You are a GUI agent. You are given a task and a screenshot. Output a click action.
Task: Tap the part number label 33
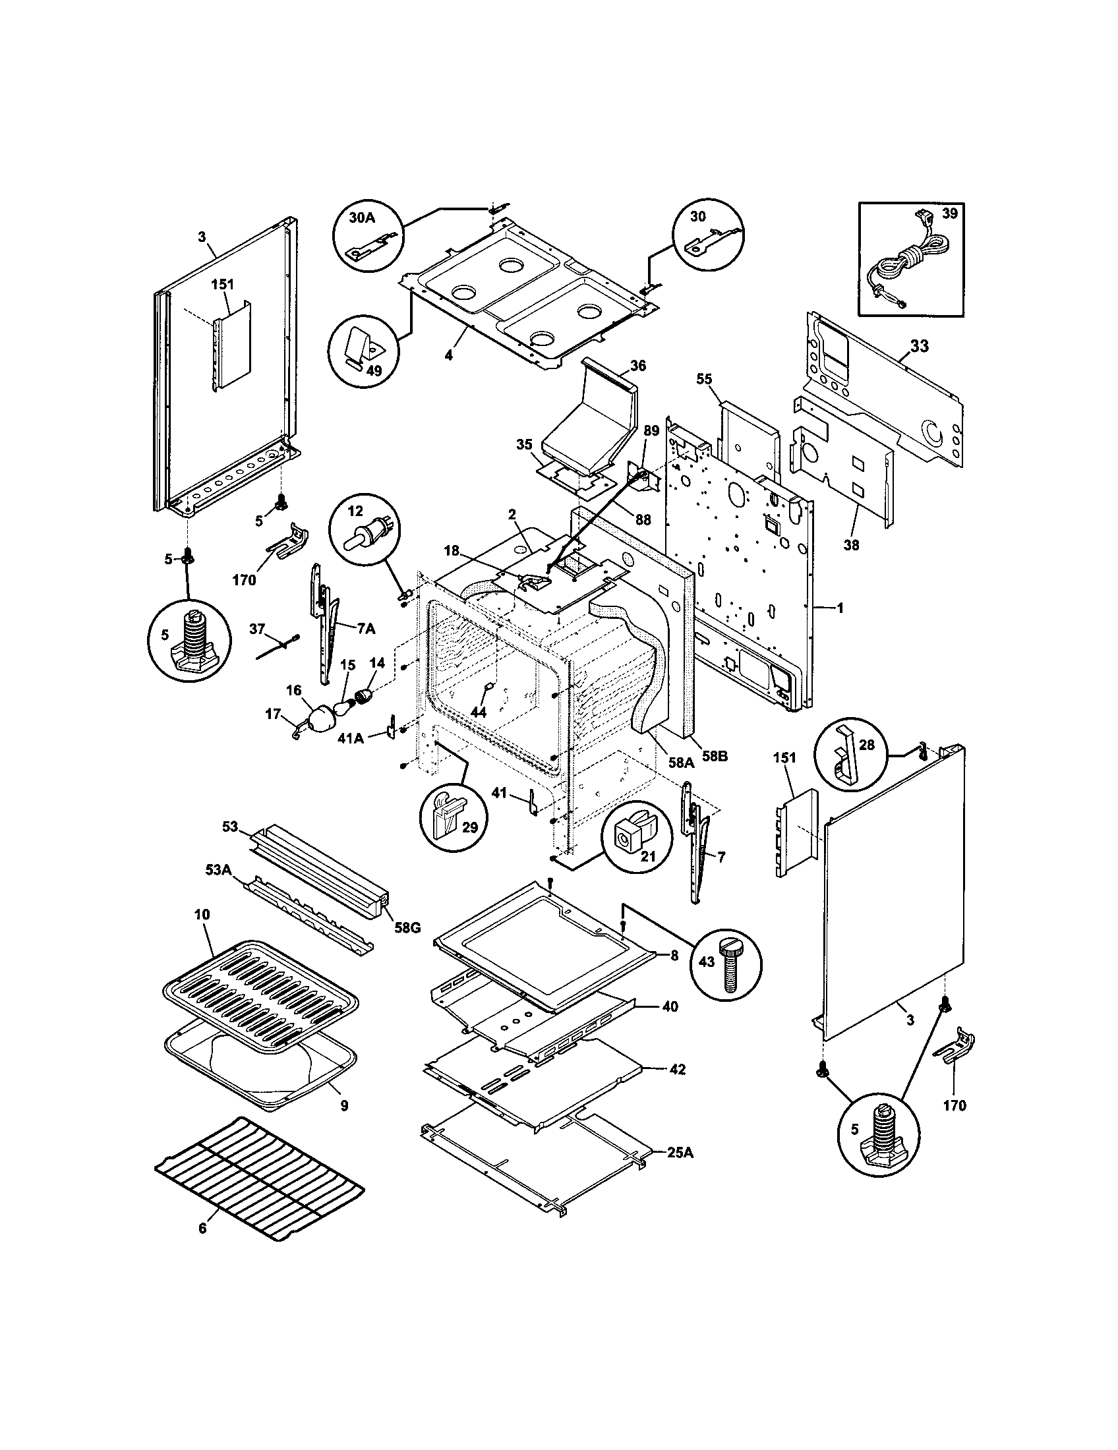pos(920,346)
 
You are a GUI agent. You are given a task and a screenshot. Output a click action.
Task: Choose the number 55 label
pos(705,378)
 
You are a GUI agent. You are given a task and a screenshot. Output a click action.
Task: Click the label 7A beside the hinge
pos(365,628)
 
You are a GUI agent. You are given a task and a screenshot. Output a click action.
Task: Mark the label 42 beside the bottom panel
pos(677,1070)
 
